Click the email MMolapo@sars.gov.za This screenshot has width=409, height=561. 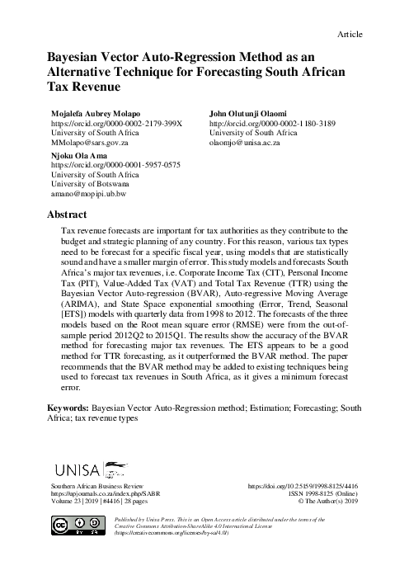(92, 142)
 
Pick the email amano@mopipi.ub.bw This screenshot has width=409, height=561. (88, 194)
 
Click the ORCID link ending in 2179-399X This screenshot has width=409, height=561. (117, 122)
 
